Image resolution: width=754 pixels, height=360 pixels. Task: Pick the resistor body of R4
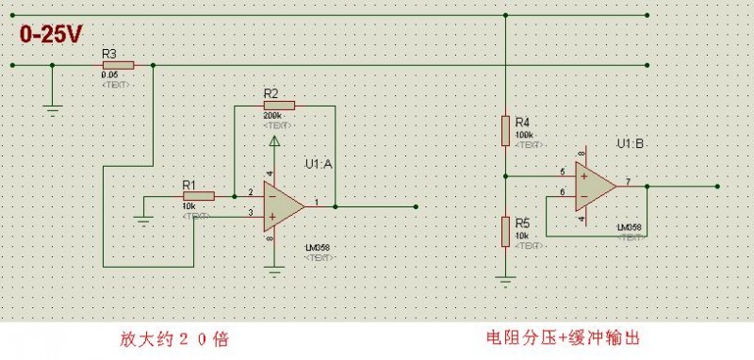click(x=506, y=131)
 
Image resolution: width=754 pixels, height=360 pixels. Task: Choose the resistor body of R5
click(x=506, y=230)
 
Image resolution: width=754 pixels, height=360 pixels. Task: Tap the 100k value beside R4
click(x=524, y=136)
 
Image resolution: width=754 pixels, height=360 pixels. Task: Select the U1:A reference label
click(x=319, y=164)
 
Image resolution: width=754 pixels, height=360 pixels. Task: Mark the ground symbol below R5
click(x=506, y=278)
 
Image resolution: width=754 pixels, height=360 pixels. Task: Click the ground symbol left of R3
click(x=53, y=108)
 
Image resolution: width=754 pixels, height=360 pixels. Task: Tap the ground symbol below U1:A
click(x=274, y=270)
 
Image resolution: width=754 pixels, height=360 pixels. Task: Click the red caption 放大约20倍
click(x=173, y=337)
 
